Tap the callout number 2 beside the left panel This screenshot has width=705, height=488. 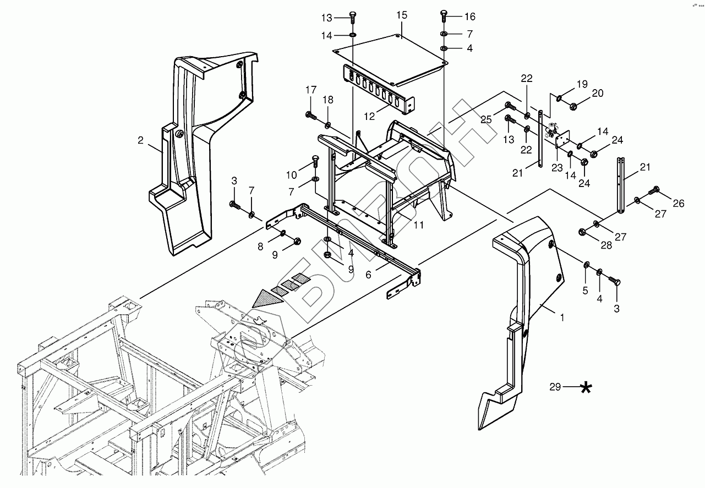pos(141,140)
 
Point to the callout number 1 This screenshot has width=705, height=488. pos(562,317)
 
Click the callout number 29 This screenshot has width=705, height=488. pos(555,387)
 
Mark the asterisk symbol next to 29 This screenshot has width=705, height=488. pos(586,388)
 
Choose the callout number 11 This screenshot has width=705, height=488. pos(418,224)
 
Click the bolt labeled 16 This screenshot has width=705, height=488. pos(444,16)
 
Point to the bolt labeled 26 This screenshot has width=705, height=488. pos(655,190)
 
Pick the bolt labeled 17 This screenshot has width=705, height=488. pos(309,115)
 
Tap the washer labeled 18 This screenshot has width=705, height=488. pos(327,126)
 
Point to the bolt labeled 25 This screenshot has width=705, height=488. pos(509,106)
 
